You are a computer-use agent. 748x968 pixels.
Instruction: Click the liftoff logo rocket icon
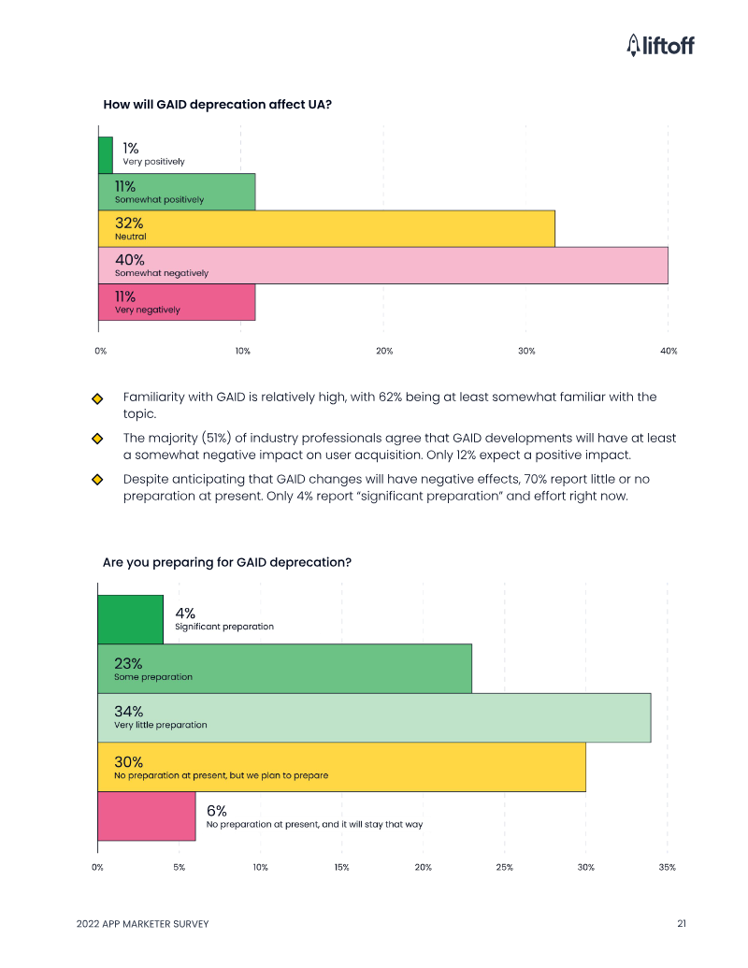pos(633,44)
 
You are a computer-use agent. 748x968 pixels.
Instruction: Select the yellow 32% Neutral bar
pos(326,228)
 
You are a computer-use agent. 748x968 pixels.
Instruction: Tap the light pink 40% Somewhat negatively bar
pos(382,265)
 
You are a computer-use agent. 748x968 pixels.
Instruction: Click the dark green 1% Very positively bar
pos(106,155)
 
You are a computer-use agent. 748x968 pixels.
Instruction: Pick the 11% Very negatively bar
pos(177,302)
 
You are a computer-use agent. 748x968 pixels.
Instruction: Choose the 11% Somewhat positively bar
pos(177,192)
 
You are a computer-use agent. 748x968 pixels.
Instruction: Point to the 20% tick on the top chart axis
pos(384,351)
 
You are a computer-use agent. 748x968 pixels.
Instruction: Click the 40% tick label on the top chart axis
pos(668,351)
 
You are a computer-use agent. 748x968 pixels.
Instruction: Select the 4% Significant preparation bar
pos(130,619)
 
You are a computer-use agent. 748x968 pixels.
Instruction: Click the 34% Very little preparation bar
pos(374,717)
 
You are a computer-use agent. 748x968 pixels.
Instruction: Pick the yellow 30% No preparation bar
pos(341,767)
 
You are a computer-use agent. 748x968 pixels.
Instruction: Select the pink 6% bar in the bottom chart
pos(147,816)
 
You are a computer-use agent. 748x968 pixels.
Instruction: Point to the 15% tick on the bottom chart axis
pos(342,868)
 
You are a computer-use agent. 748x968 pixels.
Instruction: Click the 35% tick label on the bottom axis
pos(667,868)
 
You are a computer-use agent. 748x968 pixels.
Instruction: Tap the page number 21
pos(682,924)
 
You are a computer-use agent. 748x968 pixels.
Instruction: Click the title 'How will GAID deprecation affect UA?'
pos(217,104)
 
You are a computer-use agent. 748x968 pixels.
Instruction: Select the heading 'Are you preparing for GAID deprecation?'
pos(227,562)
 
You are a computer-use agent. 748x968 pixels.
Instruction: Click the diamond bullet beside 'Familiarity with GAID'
pos(96,398)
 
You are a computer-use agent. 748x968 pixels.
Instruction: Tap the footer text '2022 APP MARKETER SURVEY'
pos(142,924)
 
